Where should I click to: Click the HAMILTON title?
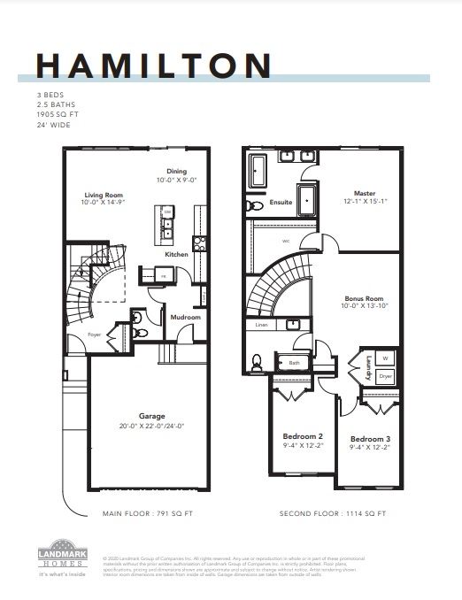point(153,66)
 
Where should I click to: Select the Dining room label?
point(177,171)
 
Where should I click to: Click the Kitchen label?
point(177,254)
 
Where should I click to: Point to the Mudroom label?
point(186,317)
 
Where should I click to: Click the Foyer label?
point(95,335)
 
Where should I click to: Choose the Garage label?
point(152,415)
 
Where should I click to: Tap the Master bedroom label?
point(365,192)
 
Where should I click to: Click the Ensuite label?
point(282,203)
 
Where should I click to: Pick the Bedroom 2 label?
point(302,436)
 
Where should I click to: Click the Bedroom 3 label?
point(369,439)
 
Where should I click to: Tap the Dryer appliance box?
point(385,376)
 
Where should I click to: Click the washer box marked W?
point(385,358)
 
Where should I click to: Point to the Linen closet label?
point(261,325)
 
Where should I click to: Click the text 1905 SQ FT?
point(57,114)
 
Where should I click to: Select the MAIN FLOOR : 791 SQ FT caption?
point(149,513)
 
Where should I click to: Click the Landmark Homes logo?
point(62,557)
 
